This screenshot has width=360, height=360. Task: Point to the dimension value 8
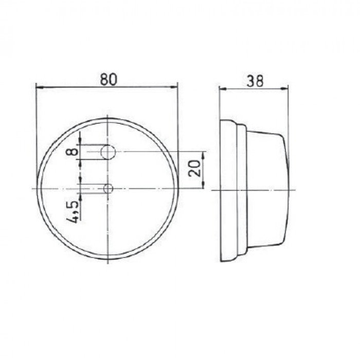[74, 151]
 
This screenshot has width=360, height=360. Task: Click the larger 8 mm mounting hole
[108, 152]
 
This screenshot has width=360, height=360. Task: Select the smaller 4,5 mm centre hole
[108, 189]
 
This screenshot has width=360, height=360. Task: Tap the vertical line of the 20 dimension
[205, 170]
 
